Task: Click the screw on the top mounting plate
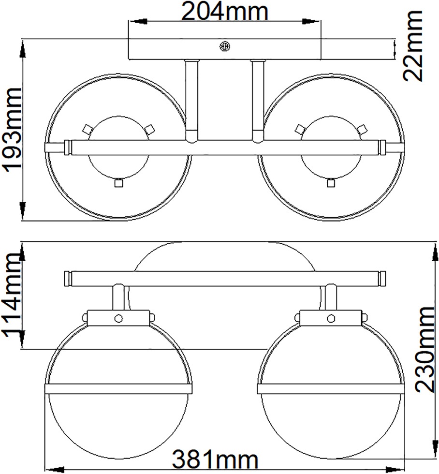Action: pyautogui.click(x=225, y=46)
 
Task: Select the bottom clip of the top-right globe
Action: pyautogui.click(x=331, y=183)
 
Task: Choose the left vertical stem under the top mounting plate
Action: pyautogui.click(x=192, y=99)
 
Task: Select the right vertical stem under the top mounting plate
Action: pyautogui.click(x=257, y=99)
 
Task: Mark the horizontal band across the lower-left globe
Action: pyautogui.click(x=118, y=388)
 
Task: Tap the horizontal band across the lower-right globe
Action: pyautogui.click(x=331, y=388)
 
